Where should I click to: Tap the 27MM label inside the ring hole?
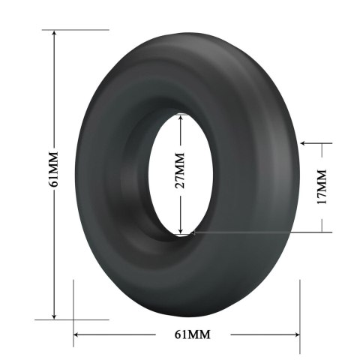pyautogui.click(x=179, y=173)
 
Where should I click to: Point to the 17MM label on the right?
pyautogui.click(x=322, y=187)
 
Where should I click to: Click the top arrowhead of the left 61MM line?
pyautogui.click(x=54, y=34)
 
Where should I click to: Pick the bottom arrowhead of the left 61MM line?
pyautogui.click(x=54, y=314)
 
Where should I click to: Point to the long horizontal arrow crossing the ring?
pyautogui.click(x=255, y=232)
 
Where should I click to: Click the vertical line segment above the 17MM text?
pyautogui.click(x=322, y=154)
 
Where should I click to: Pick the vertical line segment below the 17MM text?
pyautogui.click(x=322, y=220)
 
